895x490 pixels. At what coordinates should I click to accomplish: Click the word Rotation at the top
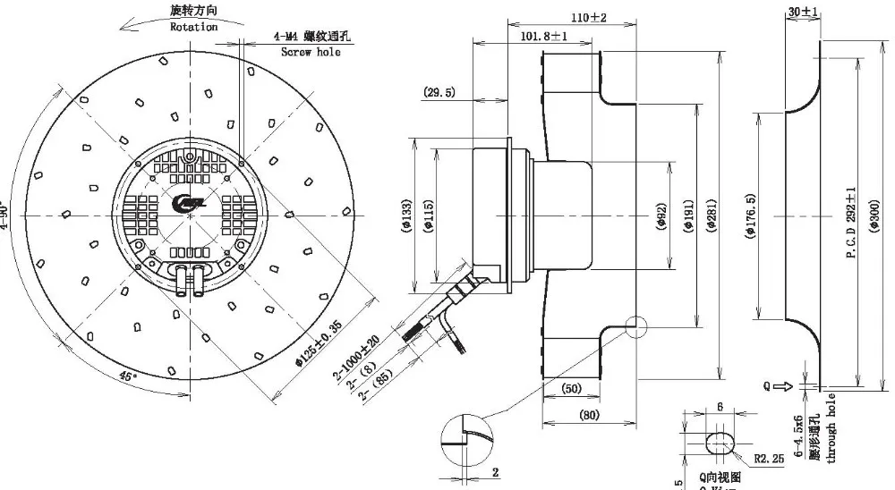coord(194,27)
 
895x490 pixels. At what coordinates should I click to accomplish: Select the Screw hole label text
coord(311,53)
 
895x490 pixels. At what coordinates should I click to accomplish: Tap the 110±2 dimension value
coord(589,18)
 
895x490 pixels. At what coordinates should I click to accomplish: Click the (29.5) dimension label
coord(439,92)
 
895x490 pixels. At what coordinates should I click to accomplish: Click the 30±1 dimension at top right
coord(804,12)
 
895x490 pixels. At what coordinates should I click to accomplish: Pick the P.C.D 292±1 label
coord(850,224)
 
